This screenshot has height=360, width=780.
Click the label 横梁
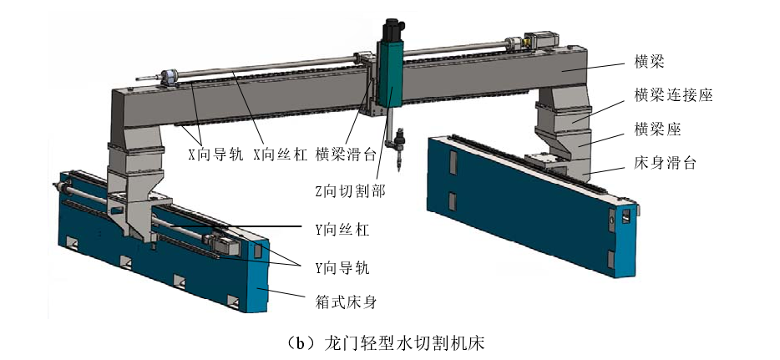click(650, 62)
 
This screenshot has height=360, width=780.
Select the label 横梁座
click(657, 129)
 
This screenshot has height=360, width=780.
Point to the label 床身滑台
click(665, 163)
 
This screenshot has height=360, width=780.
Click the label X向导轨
click(215, 155)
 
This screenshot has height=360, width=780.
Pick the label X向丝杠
click(281, 155)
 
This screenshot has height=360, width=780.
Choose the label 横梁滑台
click(346, 155)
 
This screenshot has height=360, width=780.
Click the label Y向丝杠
click(342, 230)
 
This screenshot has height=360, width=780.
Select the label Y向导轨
click(342, 267)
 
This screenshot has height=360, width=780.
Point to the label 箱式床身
click(346, 301)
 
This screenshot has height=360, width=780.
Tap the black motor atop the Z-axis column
click(393, 30)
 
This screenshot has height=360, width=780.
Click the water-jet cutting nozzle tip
click(398, 169)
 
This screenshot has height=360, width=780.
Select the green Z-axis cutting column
click(390, 74)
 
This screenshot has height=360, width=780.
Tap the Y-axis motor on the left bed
click(225, 244)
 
